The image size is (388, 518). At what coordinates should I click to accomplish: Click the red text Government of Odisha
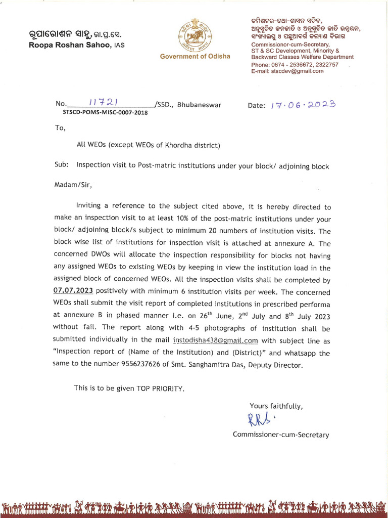tap(195, 56)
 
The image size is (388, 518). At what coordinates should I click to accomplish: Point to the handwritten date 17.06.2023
tap(303, 105)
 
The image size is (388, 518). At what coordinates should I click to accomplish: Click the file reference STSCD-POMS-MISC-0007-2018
tap(105, 113)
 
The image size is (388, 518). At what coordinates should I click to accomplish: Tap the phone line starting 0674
tap(295, 65)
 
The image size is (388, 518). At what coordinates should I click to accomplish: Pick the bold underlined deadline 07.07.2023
tap(73, 291)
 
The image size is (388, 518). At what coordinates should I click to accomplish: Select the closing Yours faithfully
tap(276, 406)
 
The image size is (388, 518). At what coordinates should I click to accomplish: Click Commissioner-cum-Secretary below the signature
tap(280, 435)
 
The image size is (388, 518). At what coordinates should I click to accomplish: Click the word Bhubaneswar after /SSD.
tap(199, 105)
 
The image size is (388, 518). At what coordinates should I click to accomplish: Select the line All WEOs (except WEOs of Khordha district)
tap(148, 146)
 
